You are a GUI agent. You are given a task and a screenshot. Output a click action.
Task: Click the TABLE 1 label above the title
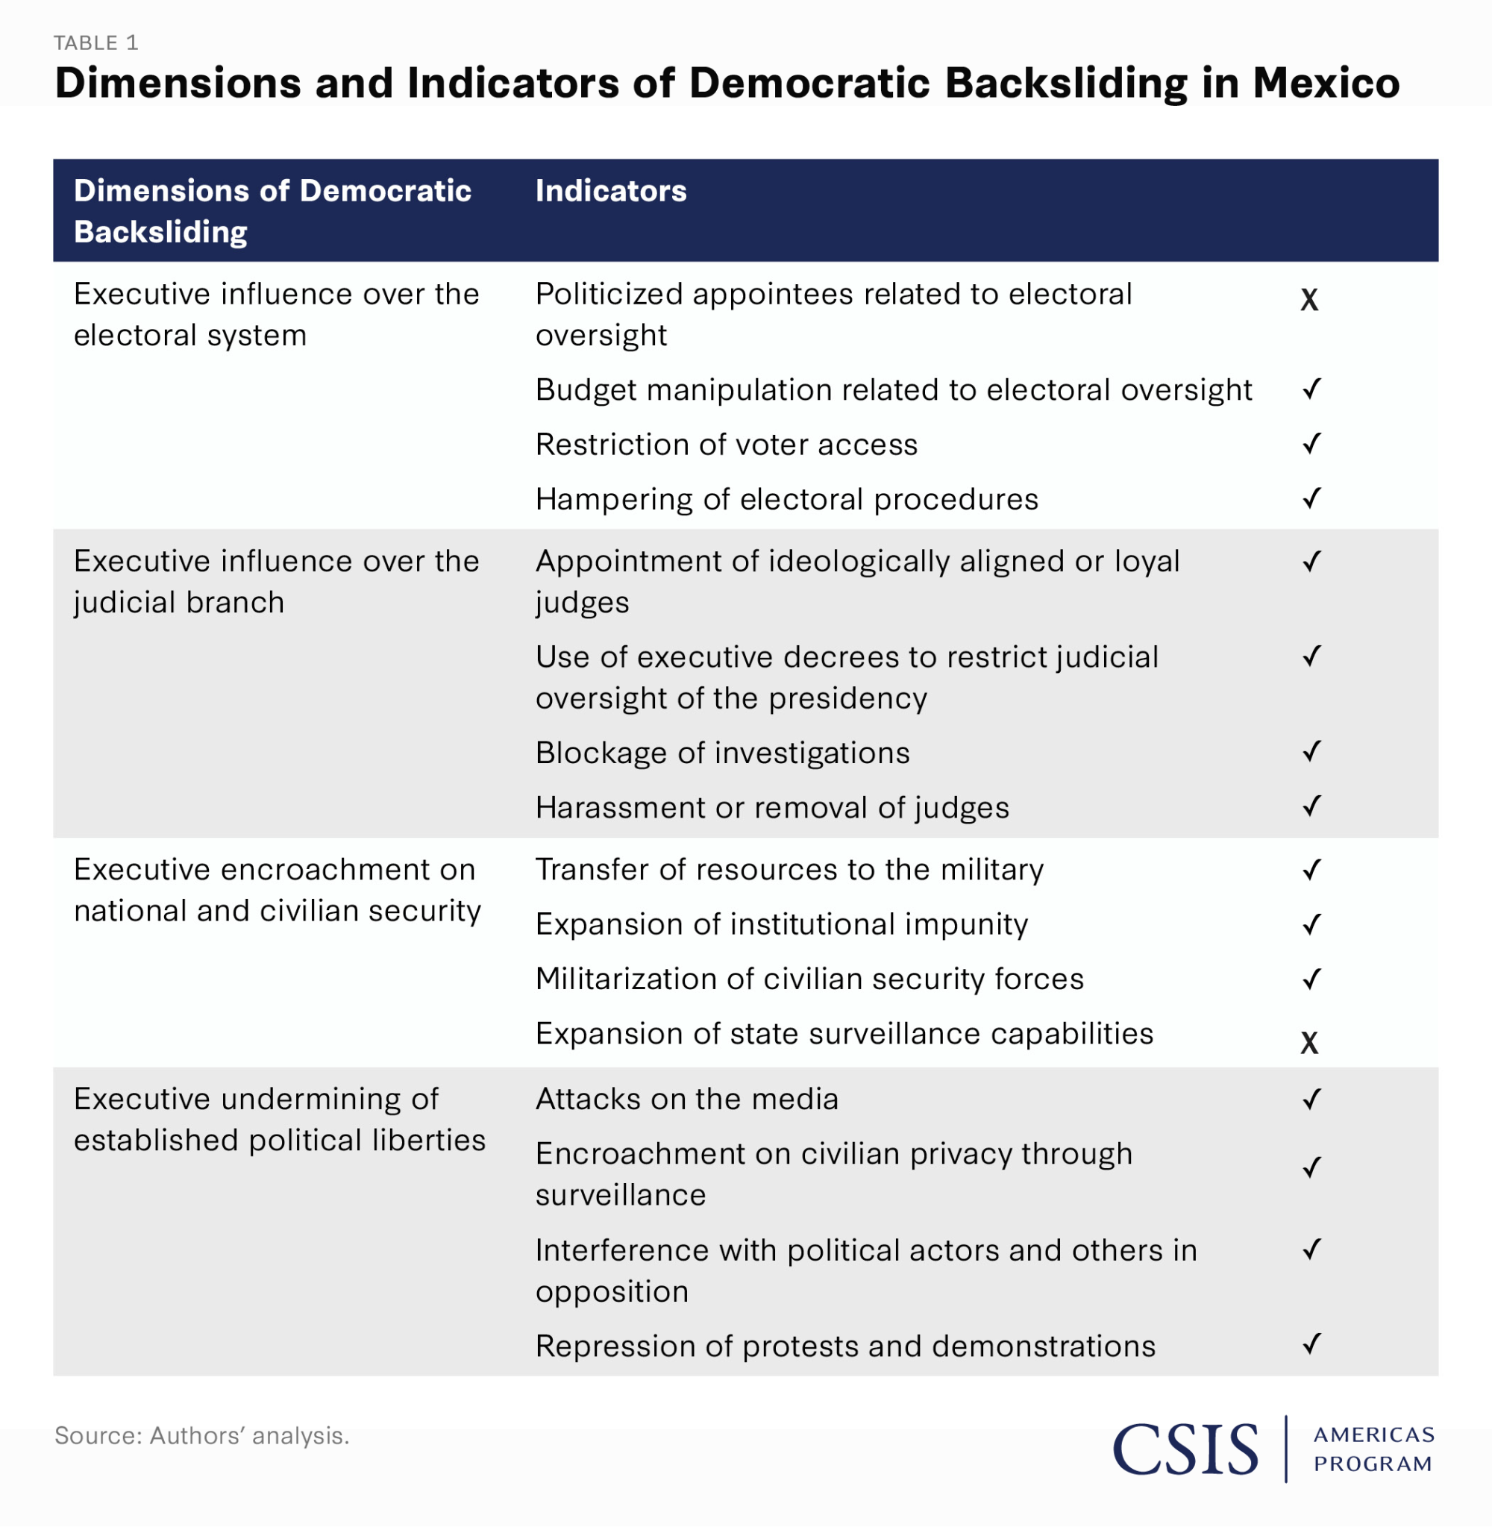(95, 43)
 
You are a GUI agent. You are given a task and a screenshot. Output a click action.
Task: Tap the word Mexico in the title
(1326, 83)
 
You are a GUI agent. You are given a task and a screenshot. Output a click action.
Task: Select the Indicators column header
(610, 191)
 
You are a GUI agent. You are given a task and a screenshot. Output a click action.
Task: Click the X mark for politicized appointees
(1308, 300)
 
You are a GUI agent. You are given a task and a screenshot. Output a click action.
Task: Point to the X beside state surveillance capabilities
(1308, 1043)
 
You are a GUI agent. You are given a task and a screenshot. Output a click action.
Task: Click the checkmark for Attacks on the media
(1311, 1100)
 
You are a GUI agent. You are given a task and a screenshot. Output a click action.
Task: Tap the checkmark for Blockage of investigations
(1311, 751)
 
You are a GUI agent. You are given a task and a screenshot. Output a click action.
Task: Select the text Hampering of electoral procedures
(786, 499)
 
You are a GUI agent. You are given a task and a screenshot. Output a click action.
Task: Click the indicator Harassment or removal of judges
(772, 807)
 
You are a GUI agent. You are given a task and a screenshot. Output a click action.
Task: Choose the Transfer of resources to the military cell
(789, 870)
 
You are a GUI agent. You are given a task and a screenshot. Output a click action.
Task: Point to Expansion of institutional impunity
(781, 924)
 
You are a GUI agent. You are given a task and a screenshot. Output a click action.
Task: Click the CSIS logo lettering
(1185, 1449)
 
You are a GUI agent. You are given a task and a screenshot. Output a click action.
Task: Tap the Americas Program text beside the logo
(1373, 1449)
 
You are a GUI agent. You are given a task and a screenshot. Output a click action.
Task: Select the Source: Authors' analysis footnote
(201, 1435)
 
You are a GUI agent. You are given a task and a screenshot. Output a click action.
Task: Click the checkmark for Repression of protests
(1311, 1344)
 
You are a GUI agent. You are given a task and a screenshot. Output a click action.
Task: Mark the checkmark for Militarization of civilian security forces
(1311, 979)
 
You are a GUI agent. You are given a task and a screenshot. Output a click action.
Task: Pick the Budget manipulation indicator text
(893, 389)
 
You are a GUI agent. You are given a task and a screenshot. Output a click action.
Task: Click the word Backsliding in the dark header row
(160, 233)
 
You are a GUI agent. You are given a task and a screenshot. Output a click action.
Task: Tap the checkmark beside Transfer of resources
(1311, 870)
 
